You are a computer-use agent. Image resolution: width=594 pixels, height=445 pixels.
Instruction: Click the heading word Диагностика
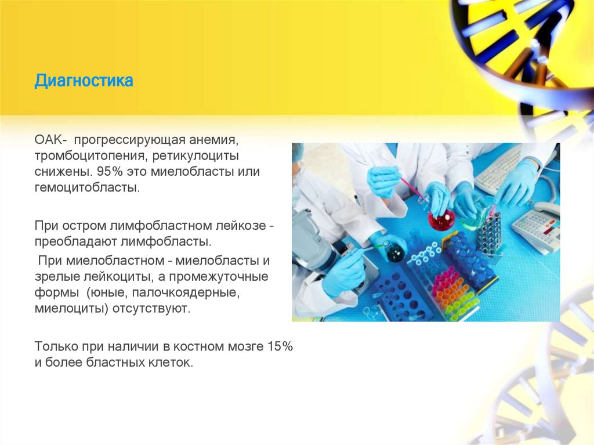point(84,80)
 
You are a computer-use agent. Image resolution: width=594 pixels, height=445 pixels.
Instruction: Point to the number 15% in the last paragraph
point(280,346)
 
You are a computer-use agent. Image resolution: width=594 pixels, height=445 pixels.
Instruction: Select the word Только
point(52,346)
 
